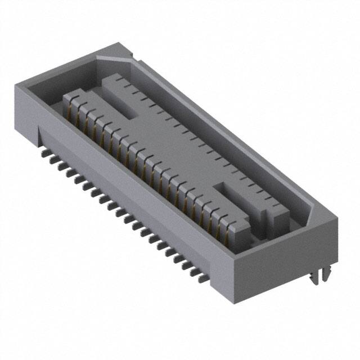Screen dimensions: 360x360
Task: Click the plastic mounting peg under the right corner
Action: (319, 276)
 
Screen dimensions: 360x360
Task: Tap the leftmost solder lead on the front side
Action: (43, 151)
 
